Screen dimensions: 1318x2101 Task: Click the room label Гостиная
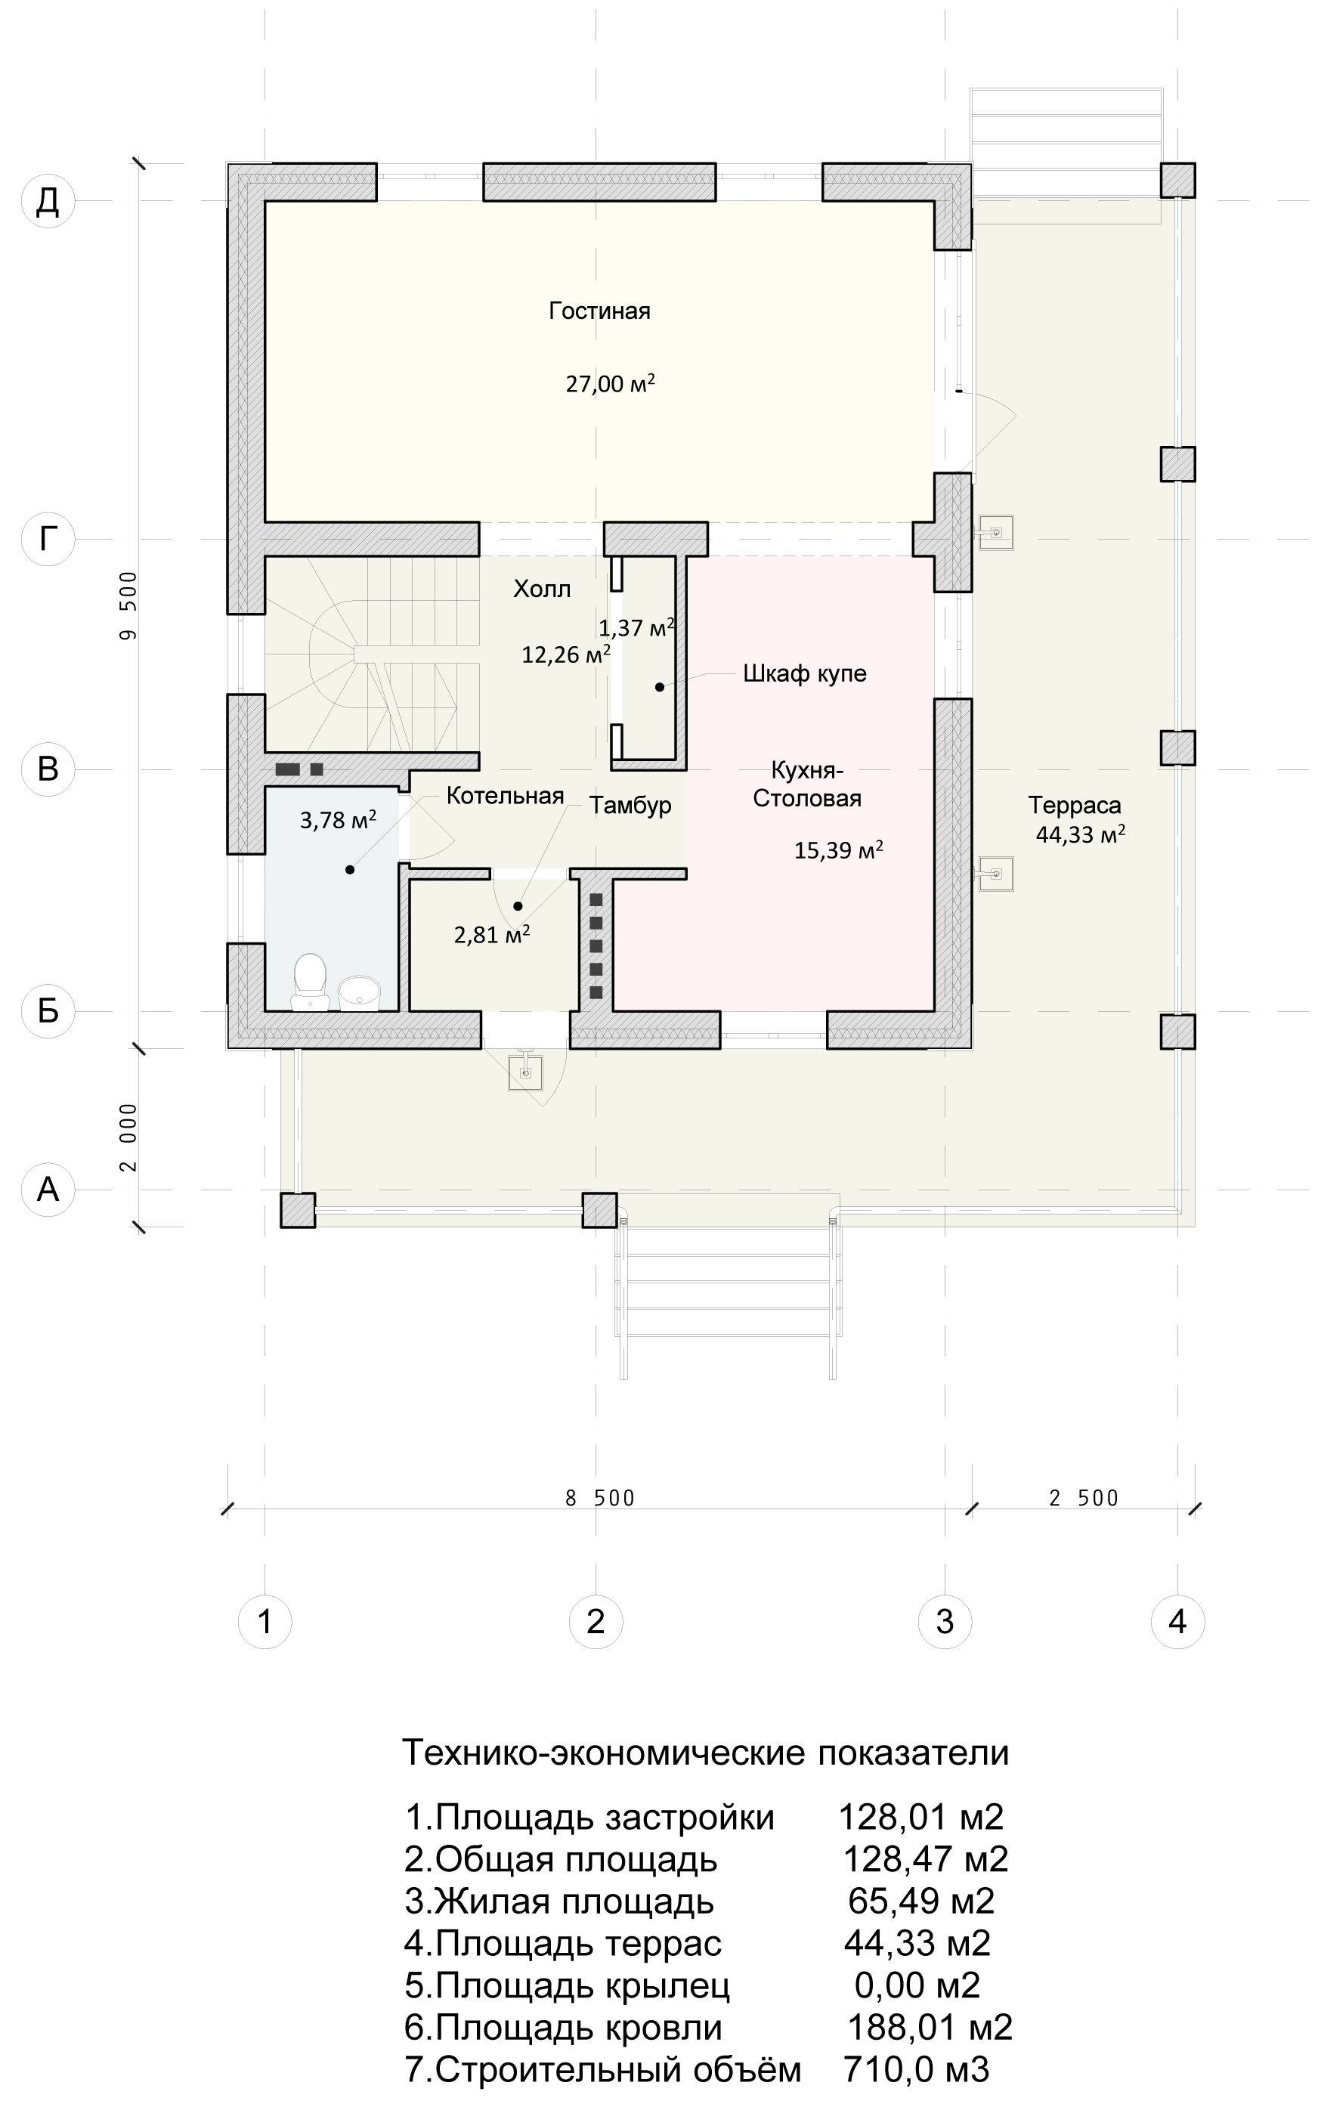(600, 311)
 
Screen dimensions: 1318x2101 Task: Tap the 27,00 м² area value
(610, 384)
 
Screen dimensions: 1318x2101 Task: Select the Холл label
(542, 589)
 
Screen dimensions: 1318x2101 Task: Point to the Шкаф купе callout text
(805, 674)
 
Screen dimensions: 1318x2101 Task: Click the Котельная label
(505, 796)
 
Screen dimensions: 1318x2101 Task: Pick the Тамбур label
(630, 806)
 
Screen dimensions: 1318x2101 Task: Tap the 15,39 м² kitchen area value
(839, 850)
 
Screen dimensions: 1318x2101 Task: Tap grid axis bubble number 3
(945, 1623)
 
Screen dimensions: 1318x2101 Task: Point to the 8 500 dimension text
(600, 1499)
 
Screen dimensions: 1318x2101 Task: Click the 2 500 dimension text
(1084, 1499)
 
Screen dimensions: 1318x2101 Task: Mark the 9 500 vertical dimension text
(129, 607)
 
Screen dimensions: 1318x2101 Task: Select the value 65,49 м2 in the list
(921, 1901)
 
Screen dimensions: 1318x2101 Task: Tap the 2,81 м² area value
(493, 936)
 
